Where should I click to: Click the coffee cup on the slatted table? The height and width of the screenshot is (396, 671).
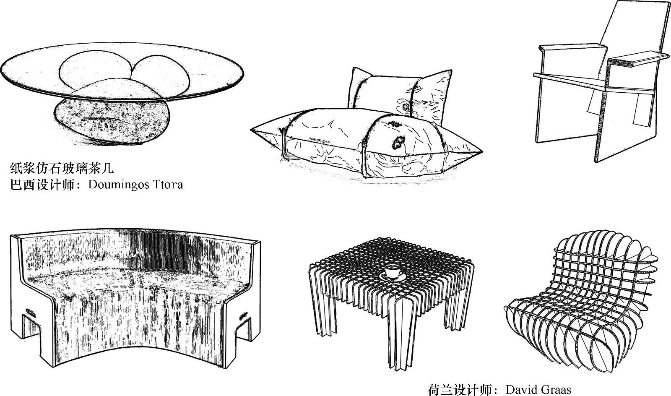click(392, 271)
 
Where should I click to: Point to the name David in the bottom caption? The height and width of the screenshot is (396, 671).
click(520, 390)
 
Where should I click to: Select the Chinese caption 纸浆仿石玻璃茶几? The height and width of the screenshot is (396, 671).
click(62, 169)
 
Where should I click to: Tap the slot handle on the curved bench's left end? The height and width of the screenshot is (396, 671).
click(30, 313)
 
